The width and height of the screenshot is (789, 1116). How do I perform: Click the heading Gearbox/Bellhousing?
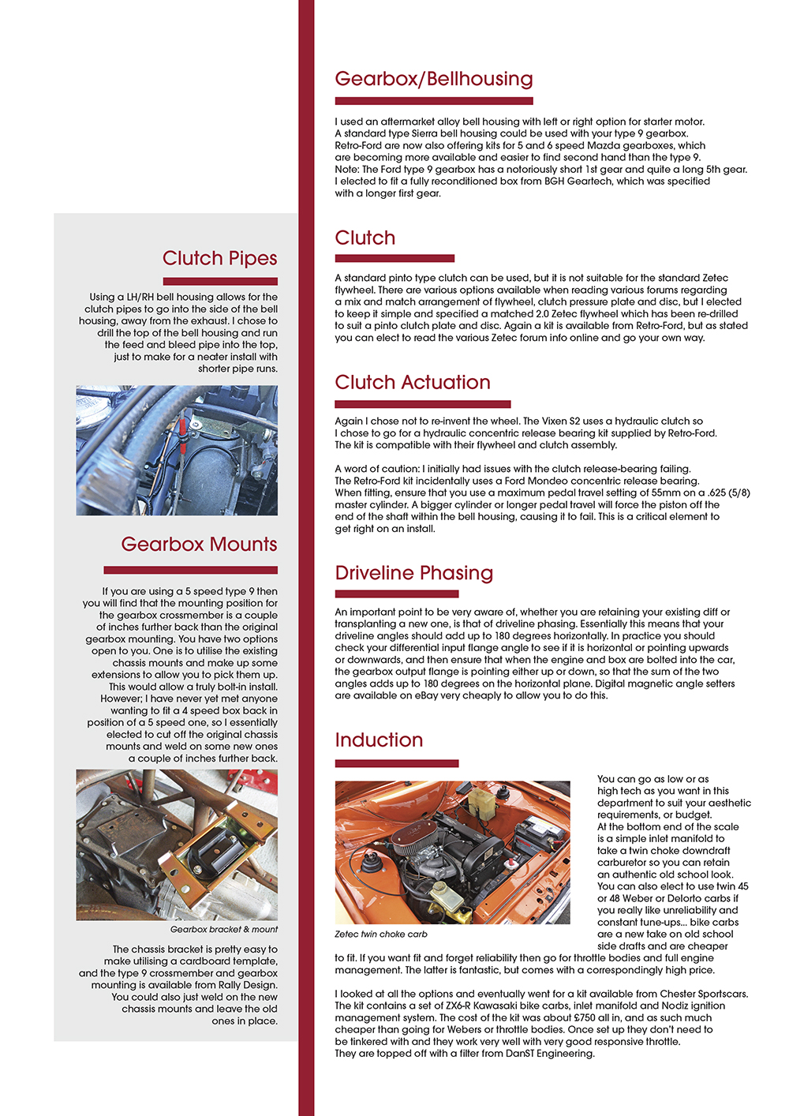point(434,79)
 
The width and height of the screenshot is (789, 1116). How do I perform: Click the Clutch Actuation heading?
point(413,383)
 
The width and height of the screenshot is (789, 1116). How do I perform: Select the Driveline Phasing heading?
point(413,573)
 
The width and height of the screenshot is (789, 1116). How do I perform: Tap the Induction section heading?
point(379,740)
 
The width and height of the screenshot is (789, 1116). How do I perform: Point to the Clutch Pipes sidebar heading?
point(219,259)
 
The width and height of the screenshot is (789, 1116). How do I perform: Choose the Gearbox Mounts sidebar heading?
point(199,545)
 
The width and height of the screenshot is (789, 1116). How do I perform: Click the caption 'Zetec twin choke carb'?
point(381,934)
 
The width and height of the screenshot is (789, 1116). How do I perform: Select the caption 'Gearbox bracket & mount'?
point(224,930)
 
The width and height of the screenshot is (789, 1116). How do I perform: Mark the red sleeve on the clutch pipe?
point(183,427)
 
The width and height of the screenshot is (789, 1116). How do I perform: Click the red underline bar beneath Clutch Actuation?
point(422,404)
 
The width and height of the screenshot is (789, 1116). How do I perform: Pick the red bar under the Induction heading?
point(396,763)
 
